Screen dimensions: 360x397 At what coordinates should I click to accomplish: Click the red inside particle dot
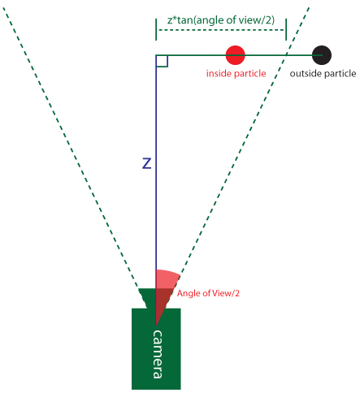click(236, 55)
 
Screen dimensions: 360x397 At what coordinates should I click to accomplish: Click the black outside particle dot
click(322, 55)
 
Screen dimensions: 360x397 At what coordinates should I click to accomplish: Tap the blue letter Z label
click(147, 163)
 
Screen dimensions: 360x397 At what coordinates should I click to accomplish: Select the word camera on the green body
click(158, 354)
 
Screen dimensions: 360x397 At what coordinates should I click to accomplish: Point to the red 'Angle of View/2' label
click(208, 293)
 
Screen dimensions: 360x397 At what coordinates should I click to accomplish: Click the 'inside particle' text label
click(236, 74)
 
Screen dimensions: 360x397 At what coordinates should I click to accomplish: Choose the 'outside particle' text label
click(323, 74)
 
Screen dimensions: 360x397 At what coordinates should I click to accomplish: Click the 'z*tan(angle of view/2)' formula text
click(221, 20)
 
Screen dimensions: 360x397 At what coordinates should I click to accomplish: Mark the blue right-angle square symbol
click(162, 61)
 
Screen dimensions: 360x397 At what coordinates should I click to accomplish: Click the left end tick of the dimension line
click(156, 29)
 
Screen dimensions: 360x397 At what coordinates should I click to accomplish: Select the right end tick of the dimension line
click(286, 29)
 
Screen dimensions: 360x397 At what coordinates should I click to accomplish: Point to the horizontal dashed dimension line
click(221, 30)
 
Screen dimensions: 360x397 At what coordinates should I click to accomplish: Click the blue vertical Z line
click(156, 189)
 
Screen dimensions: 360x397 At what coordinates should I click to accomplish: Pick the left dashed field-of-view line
click(71, 148)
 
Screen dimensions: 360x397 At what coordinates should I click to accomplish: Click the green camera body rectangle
click(156, 349)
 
